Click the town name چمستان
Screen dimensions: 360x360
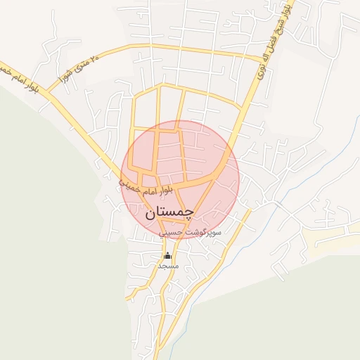[x=169, y=214]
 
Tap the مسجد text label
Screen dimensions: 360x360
[x=168, y=266]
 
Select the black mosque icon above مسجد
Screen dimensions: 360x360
[x=167, y=255]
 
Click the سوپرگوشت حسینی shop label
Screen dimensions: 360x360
[x=190, y=231]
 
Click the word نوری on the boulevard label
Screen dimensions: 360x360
[x=264, y=70]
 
